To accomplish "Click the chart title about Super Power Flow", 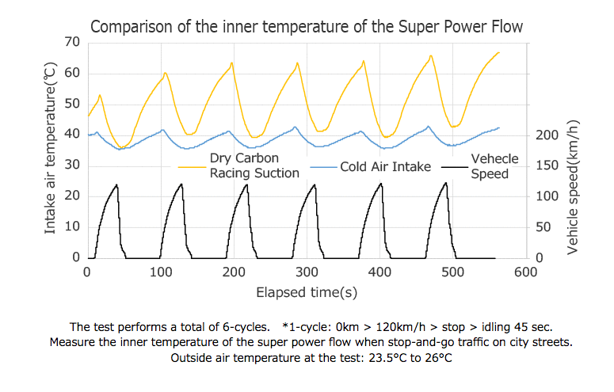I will pos(307,27).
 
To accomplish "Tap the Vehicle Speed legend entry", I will pos(494,166).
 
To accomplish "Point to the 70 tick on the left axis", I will pos(71,41).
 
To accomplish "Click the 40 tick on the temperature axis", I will pos(71,134).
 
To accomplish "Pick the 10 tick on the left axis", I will pos(71,226).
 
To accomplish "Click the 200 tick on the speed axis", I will pos(547,135).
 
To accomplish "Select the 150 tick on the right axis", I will pos(547,166).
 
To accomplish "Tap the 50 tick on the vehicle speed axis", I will pos(543,227).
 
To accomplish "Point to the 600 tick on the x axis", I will pos(525,272).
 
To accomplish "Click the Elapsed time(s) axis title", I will pos(306,292).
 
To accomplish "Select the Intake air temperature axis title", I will pos(50,150).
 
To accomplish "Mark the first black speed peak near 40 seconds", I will pos(117,185).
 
